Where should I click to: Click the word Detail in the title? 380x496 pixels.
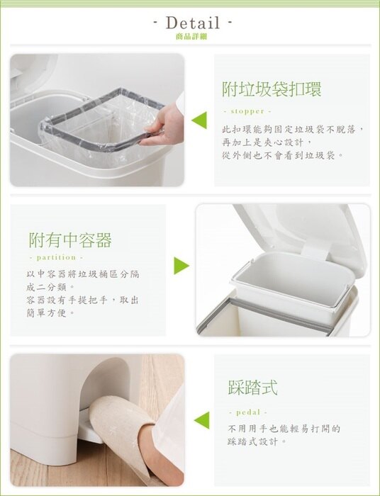(193, 23)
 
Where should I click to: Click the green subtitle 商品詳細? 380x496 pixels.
(191, 37)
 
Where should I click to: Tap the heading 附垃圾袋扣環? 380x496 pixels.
(272, 89)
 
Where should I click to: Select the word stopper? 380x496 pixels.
(247, 111)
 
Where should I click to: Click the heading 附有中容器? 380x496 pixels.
(70, 240)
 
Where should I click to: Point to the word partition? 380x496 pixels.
(56, 257)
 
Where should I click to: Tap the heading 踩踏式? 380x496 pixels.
(252, 387)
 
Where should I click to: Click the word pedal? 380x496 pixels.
(248, 412)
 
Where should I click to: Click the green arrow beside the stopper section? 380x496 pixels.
(199, 120)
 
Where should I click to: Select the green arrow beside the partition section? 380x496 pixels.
(181, 266)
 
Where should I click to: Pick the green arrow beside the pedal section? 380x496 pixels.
(201, 420)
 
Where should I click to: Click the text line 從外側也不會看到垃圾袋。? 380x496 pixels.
(283, 155)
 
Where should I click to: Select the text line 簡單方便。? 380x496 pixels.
(51, 313)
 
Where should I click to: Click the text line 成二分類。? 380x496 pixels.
(51, 287)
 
